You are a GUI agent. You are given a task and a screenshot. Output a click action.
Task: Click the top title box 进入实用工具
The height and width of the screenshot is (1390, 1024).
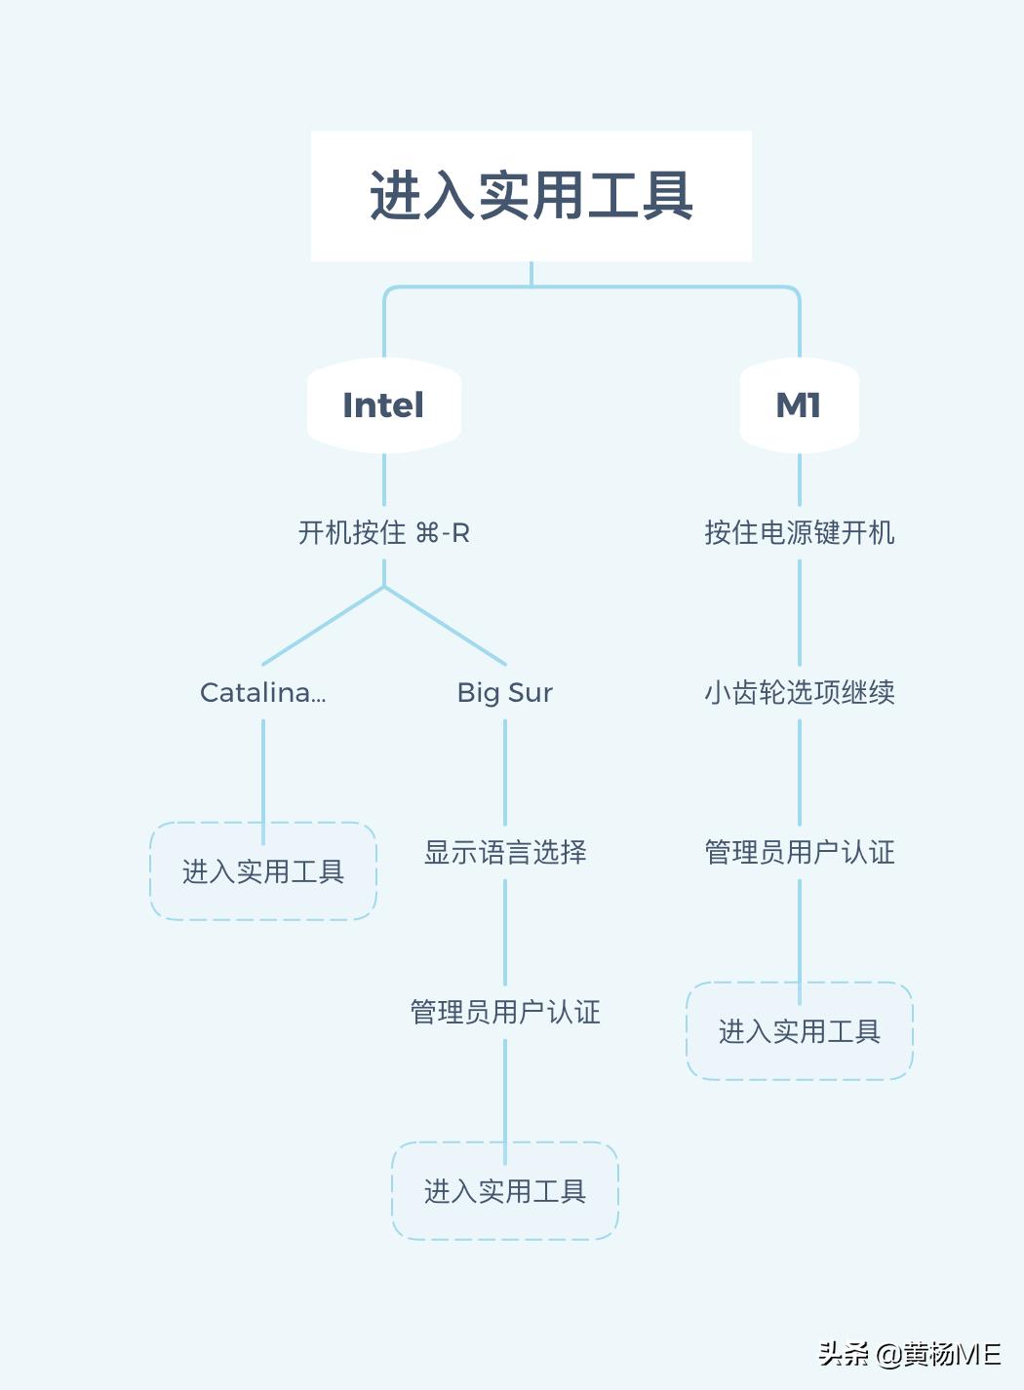point(531,196)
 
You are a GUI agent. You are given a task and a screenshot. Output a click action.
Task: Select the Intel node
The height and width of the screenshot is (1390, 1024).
point(383,405)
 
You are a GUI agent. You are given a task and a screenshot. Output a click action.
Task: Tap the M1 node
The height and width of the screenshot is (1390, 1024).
point(799,405)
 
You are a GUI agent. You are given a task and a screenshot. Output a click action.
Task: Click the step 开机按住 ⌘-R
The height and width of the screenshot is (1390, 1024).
point(383,533)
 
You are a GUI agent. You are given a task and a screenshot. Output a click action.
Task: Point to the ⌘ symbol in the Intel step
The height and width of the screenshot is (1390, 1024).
point(427,533)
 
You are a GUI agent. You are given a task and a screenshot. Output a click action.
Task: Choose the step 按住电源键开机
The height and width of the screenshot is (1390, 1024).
point(799,533)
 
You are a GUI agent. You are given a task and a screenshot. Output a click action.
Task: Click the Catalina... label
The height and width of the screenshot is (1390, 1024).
point(262,693)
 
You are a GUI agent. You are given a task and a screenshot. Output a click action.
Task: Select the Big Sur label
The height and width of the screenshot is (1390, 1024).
point(504,693)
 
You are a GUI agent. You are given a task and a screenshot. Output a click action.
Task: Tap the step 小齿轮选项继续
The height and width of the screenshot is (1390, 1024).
point(799,693)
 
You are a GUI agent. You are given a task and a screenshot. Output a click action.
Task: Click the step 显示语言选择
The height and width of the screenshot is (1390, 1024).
point(504,853)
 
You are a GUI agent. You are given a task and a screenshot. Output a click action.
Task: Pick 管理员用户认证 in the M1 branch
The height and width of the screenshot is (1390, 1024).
point(799,853)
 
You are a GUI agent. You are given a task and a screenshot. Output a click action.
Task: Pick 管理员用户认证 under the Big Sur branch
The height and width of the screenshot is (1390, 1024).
point(504,1013)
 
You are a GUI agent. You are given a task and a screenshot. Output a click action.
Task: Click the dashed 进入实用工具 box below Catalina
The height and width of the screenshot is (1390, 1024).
point(262,871)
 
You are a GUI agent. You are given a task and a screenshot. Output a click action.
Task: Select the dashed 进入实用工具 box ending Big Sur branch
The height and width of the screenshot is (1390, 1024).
point(504,1191)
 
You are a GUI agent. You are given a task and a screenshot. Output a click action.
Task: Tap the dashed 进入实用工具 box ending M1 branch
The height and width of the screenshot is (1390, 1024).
point(799,1031)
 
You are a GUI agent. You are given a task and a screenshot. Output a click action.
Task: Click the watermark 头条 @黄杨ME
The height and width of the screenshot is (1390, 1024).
point(909,1354)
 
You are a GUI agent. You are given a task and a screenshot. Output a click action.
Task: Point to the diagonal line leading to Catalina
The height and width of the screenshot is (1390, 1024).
point(323,626)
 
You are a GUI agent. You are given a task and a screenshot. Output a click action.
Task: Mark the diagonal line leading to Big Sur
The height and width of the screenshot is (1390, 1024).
point(445,626)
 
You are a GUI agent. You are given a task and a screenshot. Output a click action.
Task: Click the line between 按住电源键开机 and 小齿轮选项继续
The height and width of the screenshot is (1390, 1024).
point(799,612)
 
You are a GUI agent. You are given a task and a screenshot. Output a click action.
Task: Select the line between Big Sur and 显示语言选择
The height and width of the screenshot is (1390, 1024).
point(504,772)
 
